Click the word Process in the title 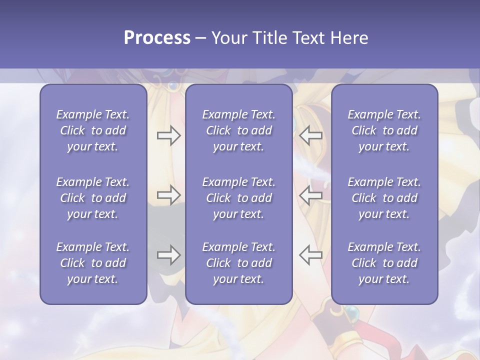pyautogui.click(x=157, y=38)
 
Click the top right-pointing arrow pyautogui.click(x=168, y=135)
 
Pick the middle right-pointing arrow pyautogui.click(x=168, y=195)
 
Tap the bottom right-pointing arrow pyautogui.click(x=168, y=255)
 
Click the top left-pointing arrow pyautogui.click(x=310, y=135)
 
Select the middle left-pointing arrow pyautogui.click(x=310, y=195)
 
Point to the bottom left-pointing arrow pyautogui.click(x=310, y=255)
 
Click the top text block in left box pyautogui.click(x=93, y=130)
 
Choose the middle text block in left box pyautogui.click(x=93, y=198)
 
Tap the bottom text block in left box pyautogui.click(x=93, y=263)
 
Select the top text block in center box pyautogui.click(x=238, y=130)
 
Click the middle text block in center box pyautogui.click(x=238, y=198)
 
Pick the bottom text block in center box pyautogui.click(x=238, y=263)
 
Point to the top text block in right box pyautogui.click(x=384, y=130)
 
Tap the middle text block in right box pyautogui.click(x=384, y=198)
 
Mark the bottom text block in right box pyautogui.click(x=384, y=263)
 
